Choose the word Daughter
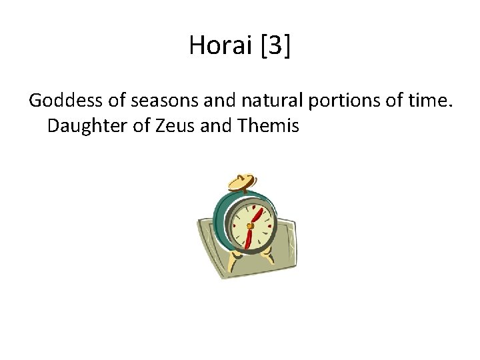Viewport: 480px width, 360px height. tap(83, 126)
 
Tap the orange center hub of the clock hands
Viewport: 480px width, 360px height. tap(249, 226)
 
